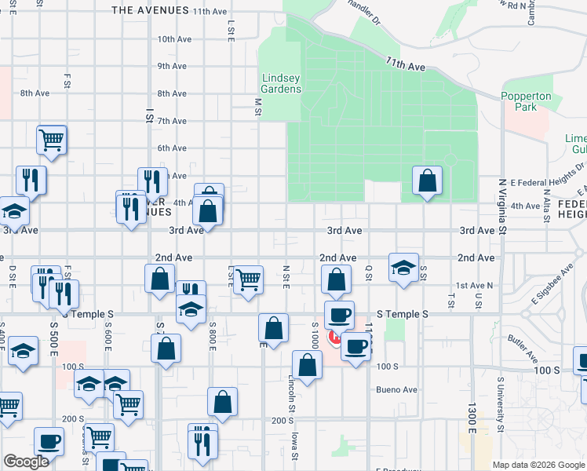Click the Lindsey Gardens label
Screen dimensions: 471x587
click(281, 83)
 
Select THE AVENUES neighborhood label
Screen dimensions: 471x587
click(151, 10)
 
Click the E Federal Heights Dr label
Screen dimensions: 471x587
click(548, 174)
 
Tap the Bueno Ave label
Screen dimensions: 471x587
click(396, 389)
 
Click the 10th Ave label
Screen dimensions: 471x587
click(174, 38)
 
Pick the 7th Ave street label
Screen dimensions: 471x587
click(172, 121)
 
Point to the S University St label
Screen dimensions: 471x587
click(500, 403)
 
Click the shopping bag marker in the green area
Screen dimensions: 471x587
click(426, 181)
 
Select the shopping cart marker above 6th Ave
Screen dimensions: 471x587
click(52, 140)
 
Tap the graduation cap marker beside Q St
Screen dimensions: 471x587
click(403, 268)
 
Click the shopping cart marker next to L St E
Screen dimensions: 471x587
click(248, 279)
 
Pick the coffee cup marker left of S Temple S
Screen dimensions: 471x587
click(339, 315)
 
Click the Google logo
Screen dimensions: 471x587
click(26, 462)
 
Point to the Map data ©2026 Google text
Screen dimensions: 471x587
click(538, 465)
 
